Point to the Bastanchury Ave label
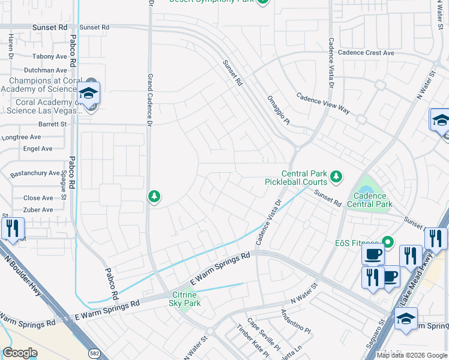click(x=35, y=173)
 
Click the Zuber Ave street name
click(x=38, y=210)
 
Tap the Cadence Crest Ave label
click(x=366, y=53)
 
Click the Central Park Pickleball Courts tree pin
click(x=337, y=176)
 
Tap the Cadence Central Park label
click(x=370, y=200)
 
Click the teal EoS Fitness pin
click(x=388, y=242)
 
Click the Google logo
click(x=20, y=353)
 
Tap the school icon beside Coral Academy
click(x=88, y=94)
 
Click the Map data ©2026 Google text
click(x=411, y=355)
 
